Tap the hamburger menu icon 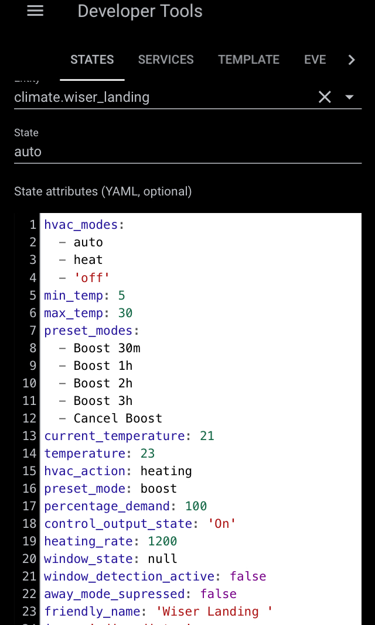pos(35,11)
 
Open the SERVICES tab pos(166,60)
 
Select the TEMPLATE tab pos(248,60)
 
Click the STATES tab pos(92,60)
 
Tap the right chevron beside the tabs pos(352,60)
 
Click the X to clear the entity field pos(325,97)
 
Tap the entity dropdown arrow pos(350,97)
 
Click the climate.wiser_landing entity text pos(81,97)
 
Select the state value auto pos(28,152)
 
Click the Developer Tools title pos(140,11)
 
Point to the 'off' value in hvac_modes pos(92,277)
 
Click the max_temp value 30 pos(125,312)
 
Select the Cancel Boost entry pos(118,418)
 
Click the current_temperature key pos(114,436)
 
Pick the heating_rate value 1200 pos(162,541)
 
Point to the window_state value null pos(162,559)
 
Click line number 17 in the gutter pos(29,506)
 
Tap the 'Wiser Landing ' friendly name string pos(214,612)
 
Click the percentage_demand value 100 pos(196,506)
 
